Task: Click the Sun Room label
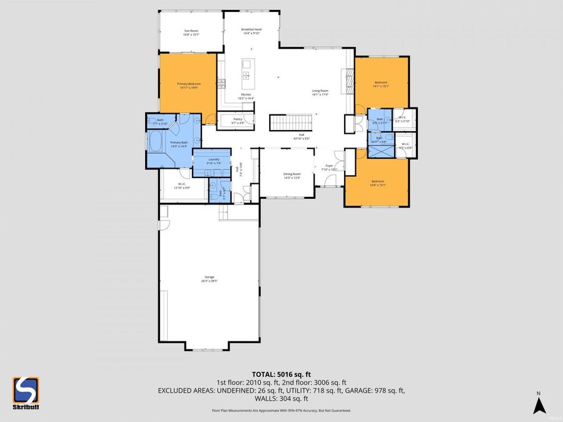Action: [x=191, y=33]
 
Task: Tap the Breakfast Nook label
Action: [x=251, y=32]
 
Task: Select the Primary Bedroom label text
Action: [x=188, y=86]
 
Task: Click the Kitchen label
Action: [x=245, y=96]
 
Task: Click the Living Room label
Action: [x=320, y=93]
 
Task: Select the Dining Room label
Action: [x=293, y=175]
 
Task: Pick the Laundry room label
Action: [x=214, y=161]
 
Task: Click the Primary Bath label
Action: [x=180, y=144]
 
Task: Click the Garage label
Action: [x=209, y=279]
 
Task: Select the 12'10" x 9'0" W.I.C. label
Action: [x=181, y=186]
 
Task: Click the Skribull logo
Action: [x=26, y=393]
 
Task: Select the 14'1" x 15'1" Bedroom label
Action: [x=381, y=84]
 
